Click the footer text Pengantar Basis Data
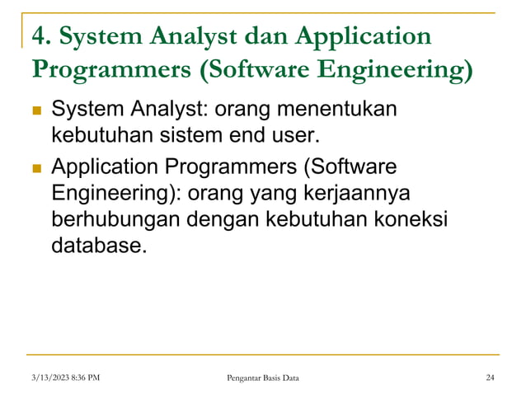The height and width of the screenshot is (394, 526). point(263,378)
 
